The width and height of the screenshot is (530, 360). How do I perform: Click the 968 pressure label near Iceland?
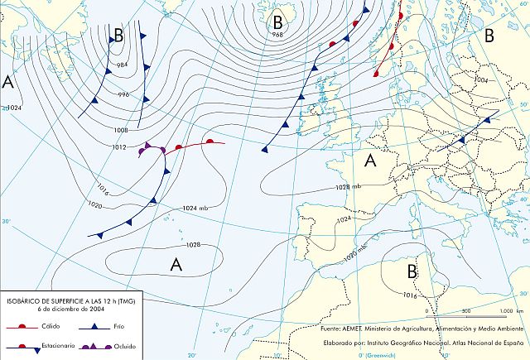[x=277, y=35]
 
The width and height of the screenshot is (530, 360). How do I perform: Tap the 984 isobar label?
[x=123, y=65]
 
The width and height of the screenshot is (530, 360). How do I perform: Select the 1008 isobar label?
[x=121, y=130]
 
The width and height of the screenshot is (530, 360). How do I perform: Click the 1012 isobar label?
[x=119, y=147]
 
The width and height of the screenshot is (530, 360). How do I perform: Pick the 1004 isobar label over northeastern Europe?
[x=481, y=80]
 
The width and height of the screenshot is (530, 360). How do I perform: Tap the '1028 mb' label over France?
[x=348, y=188]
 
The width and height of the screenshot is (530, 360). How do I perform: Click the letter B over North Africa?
[x=412, y=271]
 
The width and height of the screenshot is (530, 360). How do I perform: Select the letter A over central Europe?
[x=372, y=161]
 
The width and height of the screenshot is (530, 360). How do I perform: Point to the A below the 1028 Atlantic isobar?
[x=176, y=264]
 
